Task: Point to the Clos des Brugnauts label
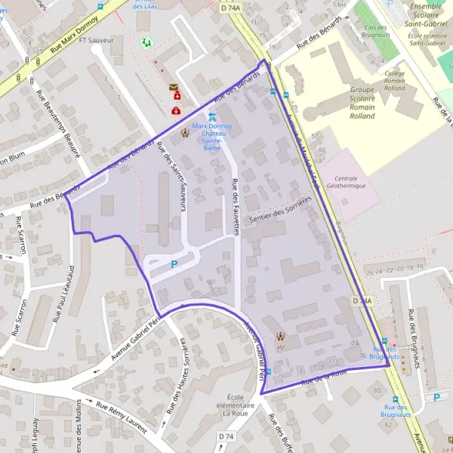point(375,32)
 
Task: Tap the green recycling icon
point(146,42)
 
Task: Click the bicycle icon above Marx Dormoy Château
point(212,116)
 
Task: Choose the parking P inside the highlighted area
point(174,264)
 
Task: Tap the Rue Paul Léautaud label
point(63,294)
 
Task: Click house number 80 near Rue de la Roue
point(377,390)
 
